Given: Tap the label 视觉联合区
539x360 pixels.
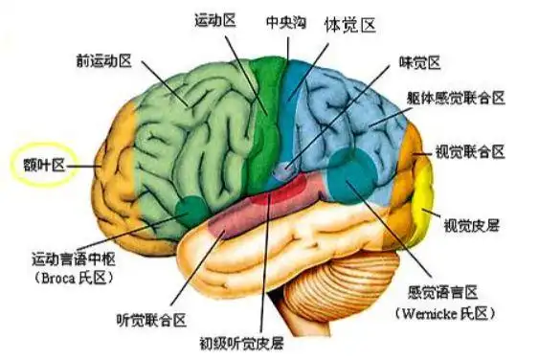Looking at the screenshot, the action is coord(470,151).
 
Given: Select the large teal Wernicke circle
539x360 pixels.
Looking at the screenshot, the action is coord(353,172).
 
